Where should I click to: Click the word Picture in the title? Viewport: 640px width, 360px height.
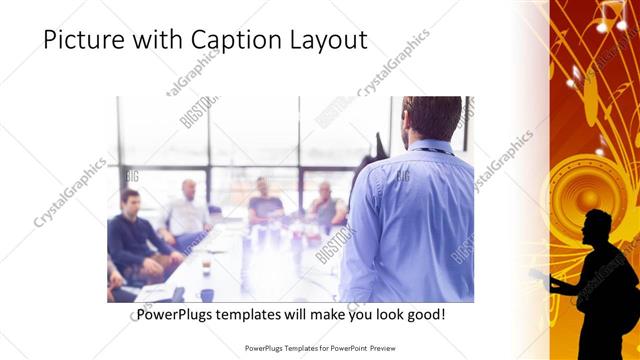click(x=79, y=40)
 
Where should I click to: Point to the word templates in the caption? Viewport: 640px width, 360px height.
click(x=258, y=315)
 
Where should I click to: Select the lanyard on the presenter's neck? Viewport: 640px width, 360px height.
click(x=432, y=150)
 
